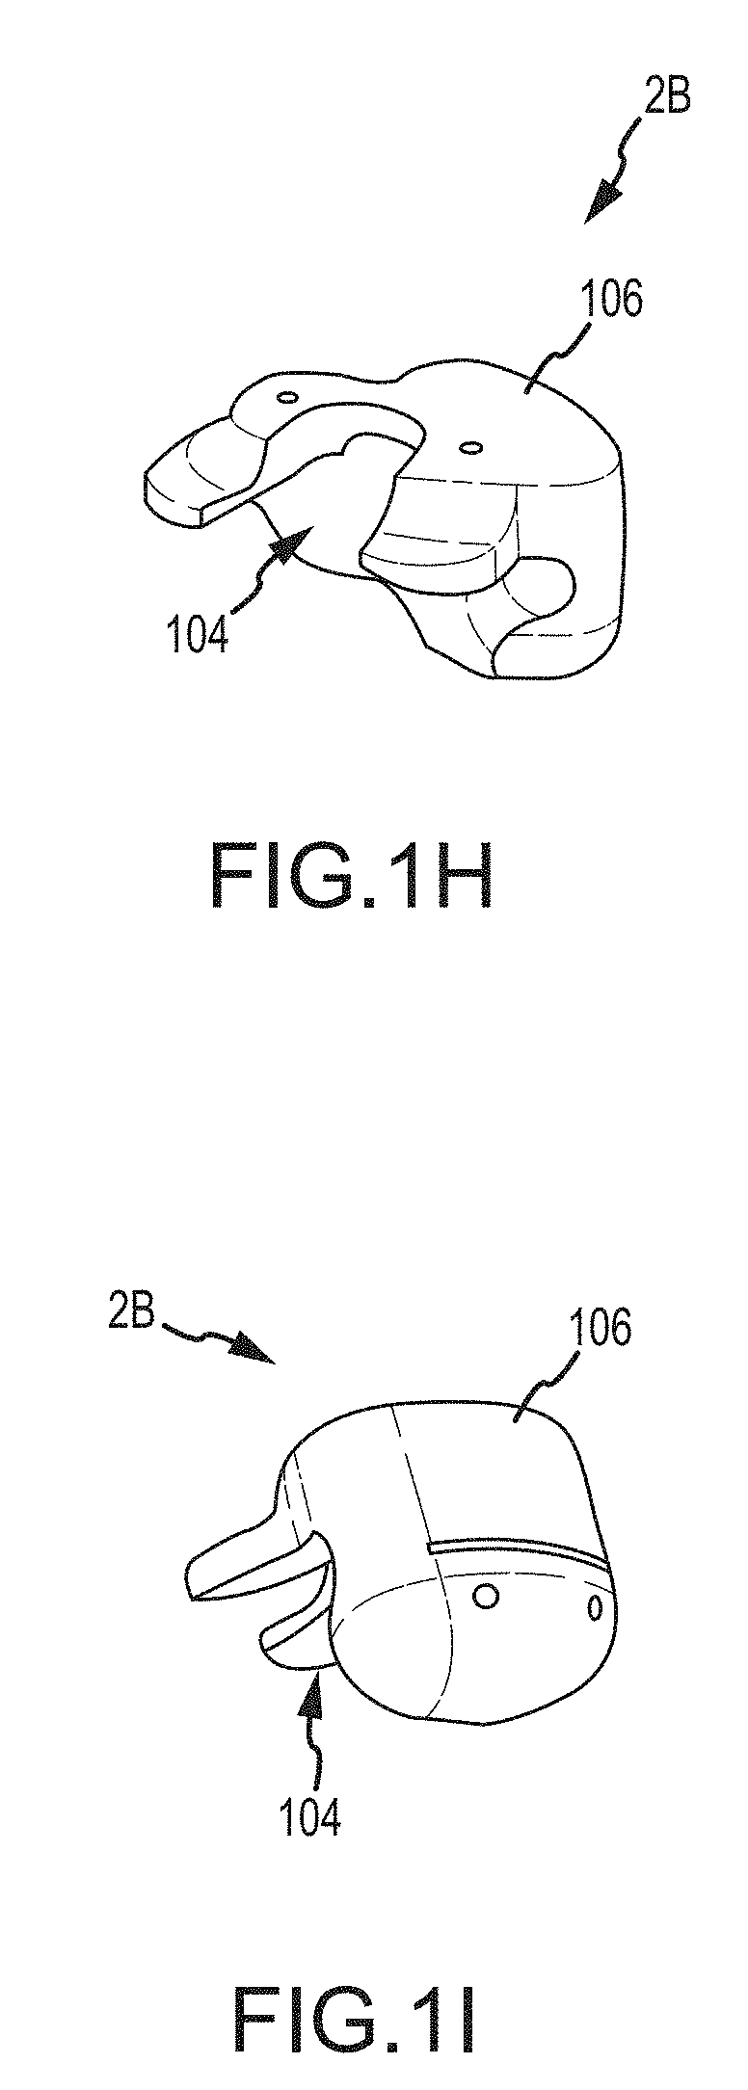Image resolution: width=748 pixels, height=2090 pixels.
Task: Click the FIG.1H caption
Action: [x=352, y=876]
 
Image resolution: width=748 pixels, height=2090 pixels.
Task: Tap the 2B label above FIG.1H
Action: [x=666, y=98]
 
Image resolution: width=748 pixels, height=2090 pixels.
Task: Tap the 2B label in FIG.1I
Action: [x=131, y=1314]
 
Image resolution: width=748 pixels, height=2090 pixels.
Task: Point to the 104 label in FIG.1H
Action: [x=198, y=637]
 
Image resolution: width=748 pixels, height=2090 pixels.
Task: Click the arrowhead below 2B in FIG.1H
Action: [x=602, y=203]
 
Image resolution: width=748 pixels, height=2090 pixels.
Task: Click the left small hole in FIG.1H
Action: [x=284, y=396]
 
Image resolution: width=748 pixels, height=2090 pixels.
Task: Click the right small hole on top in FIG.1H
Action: [x=471, y=447]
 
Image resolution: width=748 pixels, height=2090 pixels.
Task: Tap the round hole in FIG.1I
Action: [x=488, y=1598]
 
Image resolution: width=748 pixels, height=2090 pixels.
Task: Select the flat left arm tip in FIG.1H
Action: [x=178, y=487]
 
